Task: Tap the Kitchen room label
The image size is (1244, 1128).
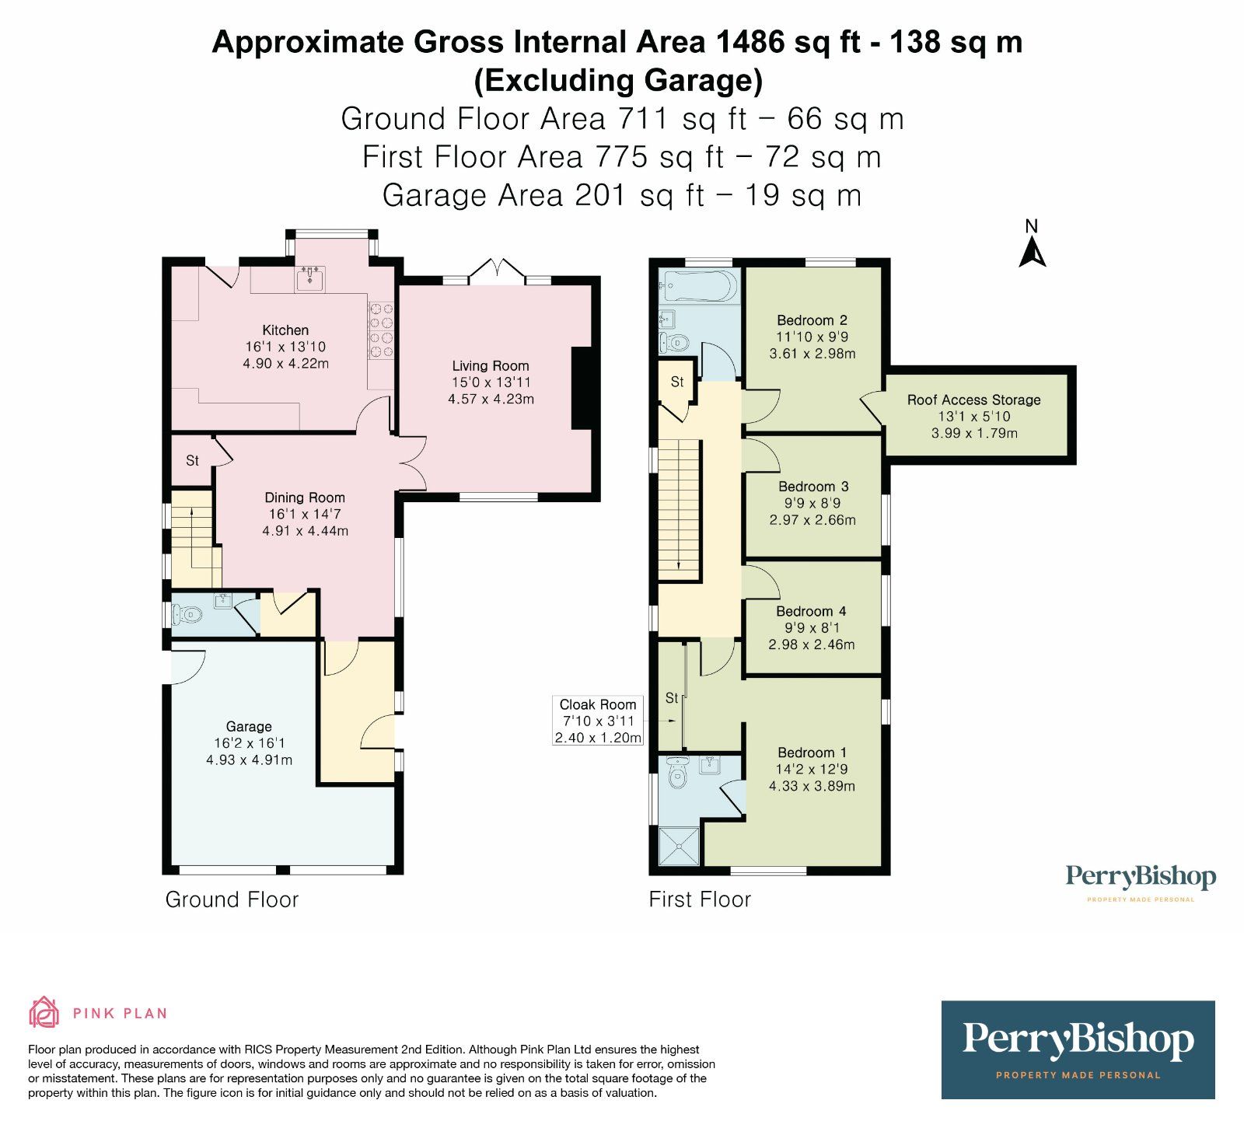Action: click(x=285, y=330)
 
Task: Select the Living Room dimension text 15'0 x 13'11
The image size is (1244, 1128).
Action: click(x=491, y=382)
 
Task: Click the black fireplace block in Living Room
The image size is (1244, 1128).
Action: click(x=582, y=388)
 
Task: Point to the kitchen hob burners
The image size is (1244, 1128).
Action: click(x=381, y=330)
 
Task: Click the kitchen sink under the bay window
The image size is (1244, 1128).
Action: click(x=310, y=278)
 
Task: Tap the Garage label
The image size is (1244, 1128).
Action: click(x=249, y=727)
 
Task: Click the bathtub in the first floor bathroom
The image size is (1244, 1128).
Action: click(x=698, y=286)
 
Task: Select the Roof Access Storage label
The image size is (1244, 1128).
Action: click(x=973, y=400)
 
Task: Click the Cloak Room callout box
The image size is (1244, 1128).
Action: click(x=598, y=721)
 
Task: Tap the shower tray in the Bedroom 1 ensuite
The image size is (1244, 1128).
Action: click(x=679, y=847)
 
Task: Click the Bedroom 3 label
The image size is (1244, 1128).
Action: click(x=813, y=487)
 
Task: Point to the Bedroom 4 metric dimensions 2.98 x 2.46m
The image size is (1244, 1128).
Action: click(x=812, y=644)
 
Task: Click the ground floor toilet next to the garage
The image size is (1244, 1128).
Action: click(x=187, y=616)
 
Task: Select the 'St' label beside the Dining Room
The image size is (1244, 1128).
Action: click(x=192, y=461)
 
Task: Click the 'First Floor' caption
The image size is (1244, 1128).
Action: click(x=700, y=899)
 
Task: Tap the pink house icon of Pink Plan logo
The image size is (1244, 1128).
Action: click(x=44, y=1013)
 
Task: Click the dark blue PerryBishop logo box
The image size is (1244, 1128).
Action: click(x=1078, y=1049)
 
